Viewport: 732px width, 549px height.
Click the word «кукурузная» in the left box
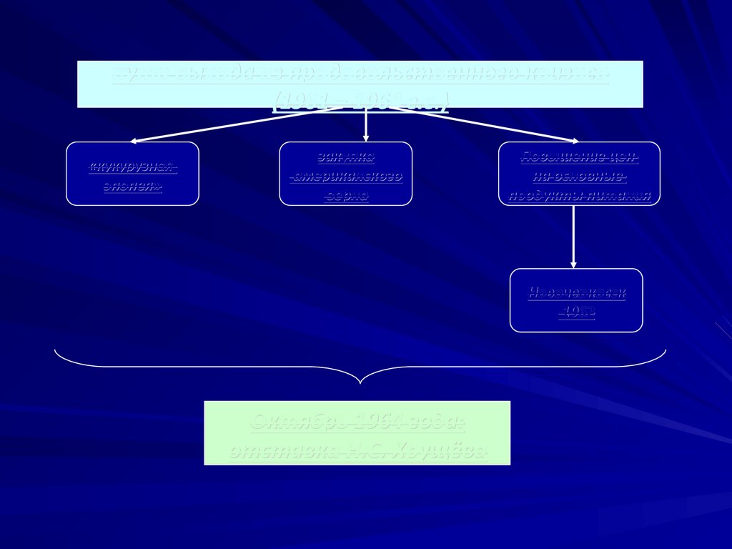(132, 167)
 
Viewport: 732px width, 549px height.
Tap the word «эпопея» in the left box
(132, 187)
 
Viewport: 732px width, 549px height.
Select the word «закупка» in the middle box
(345, 157)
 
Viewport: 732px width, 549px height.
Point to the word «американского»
(346, 176)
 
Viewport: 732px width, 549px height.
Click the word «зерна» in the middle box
(346, 195)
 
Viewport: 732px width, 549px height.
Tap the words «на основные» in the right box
(580, 176)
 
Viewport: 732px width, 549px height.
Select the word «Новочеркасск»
(576, 292)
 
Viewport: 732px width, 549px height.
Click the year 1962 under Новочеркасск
(577, 312)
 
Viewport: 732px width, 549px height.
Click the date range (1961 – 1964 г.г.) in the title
(360, 101)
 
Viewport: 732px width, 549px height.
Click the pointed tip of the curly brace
(360, 382)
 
